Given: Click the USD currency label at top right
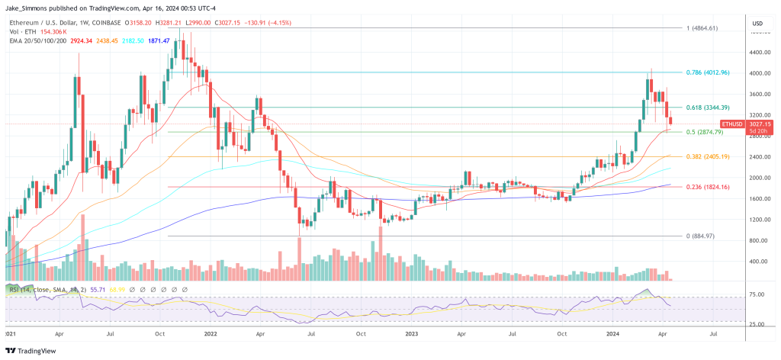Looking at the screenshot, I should [x=757, y=24].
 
